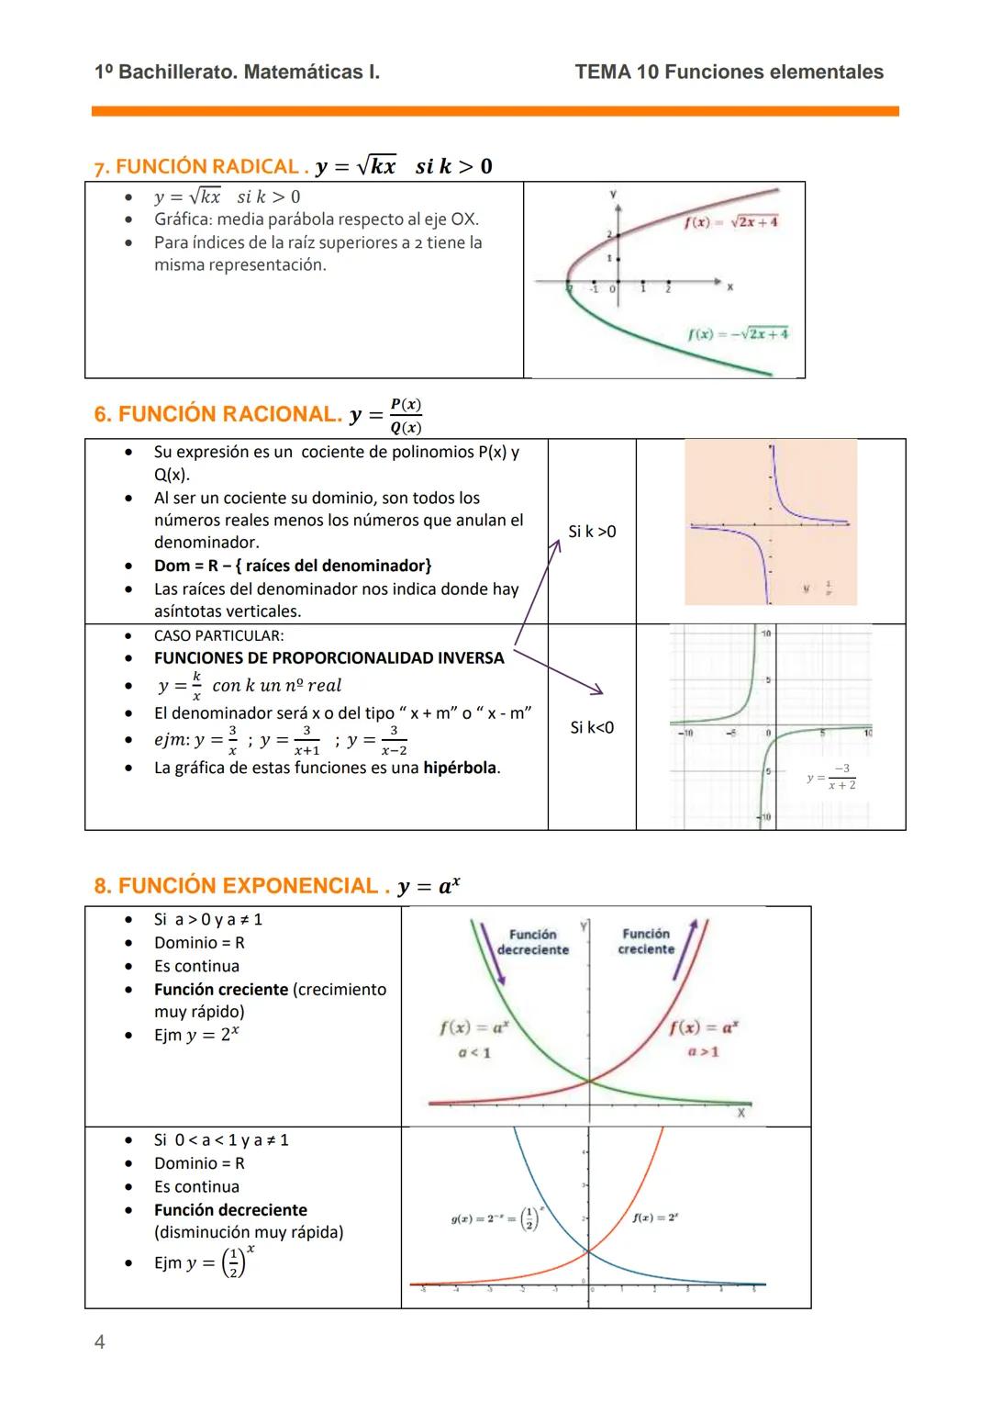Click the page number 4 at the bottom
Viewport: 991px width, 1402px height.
click(100, 1342)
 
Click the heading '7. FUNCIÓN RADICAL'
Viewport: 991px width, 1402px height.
click(196, 167)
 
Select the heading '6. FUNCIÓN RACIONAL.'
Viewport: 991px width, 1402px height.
click(217, 415)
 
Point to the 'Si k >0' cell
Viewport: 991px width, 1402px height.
click(592, 532)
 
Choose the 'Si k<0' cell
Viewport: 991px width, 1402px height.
click(592, 727)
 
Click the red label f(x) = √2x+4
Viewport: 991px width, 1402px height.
click(731, 222)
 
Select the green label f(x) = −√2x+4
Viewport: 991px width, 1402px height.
click(737, 334)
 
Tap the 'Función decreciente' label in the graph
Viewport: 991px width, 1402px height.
click(533, 942)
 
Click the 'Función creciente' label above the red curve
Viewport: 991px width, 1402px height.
click(646, 941)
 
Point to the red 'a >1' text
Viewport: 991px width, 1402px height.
click(704, 1052)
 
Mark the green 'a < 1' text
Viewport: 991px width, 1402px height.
click(474, 1053)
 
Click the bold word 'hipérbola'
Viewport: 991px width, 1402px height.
click(460, 768)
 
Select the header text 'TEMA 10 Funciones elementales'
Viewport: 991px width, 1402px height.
click(729, 73)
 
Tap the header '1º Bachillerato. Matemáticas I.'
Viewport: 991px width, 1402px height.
click(237, 73)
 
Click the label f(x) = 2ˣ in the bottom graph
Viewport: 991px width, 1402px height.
click(655, 1217)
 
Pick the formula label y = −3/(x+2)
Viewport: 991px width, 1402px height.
click(831, 777)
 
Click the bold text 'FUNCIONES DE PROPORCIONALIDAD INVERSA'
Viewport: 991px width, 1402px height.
click(328, 658)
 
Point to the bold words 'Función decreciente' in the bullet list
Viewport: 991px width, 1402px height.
click(230, 1210)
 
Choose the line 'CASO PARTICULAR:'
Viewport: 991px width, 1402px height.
click(218, 635)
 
